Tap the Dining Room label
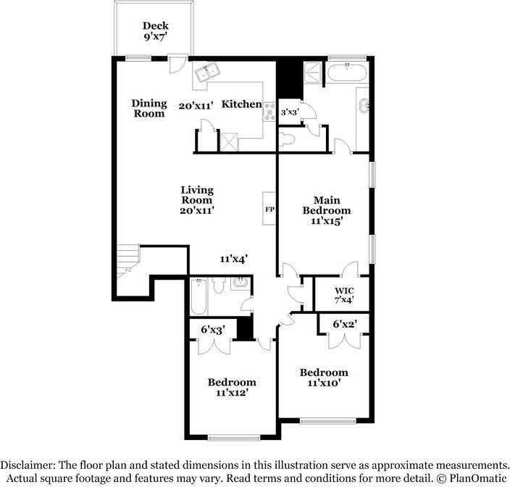tap(149, 108)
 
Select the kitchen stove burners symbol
tap(270, 110)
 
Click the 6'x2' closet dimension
tap(346, 325)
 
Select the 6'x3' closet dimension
tap(213, 330)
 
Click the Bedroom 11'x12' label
tap(232, 387)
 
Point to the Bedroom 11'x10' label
tap(324, 378)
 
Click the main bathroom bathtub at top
tap(348, 70)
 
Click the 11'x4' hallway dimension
tap(235, 258)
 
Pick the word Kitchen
tap(241, 104)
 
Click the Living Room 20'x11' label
tap(197, 200)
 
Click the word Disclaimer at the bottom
tap(33, 465)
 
